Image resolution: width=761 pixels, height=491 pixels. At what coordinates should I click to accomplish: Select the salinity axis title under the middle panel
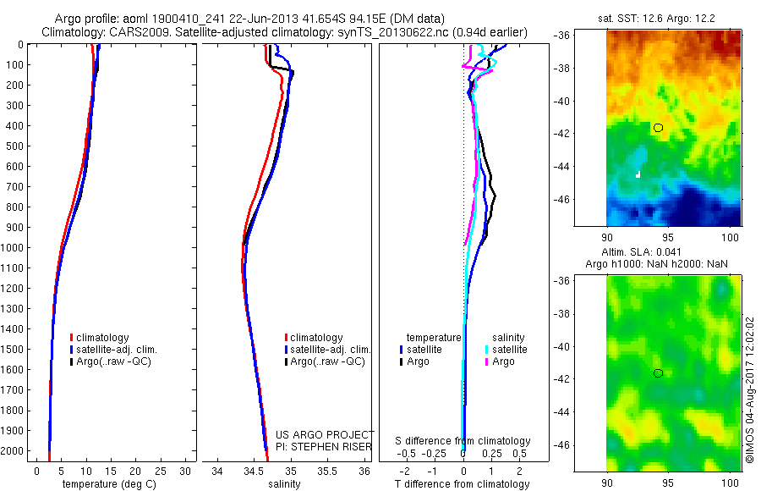pyautogui.click(x=284, y=484)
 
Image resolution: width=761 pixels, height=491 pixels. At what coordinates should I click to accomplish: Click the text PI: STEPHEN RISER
pyautogui.click(x=325, y=445)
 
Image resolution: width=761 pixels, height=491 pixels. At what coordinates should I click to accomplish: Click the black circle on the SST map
pyautogui.click(x=658, y=127)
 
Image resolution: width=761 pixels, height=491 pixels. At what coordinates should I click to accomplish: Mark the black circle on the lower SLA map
pyautogui.click(x=658, y=373)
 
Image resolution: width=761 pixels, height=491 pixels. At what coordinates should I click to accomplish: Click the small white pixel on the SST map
pyautogui.click(x=638, y=174)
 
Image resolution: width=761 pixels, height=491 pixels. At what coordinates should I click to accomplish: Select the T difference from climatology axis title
pyautogui.click(x=463, y=484)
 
